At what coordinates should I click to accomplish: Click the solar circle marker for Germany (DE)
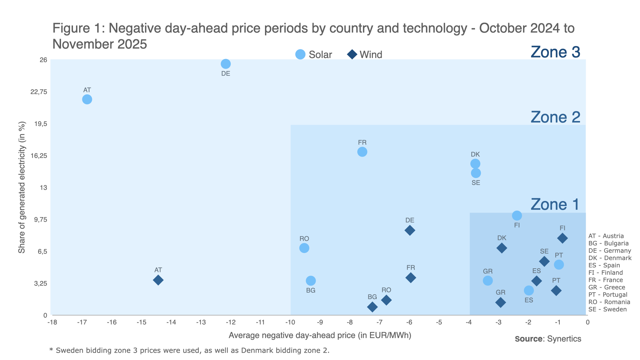click(226, 64)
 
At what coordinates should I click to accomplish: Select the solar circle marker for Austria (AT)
click(87, 99)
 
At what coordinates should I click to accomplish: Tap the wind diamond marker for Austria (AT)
click(158, 280)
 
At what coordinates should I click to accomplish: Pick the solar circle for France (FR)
click(362, 152)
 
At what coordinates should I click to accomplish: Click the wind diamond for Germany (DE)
click(410, 230)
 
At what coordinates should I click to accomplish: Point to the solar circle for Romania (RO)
click(304, 248)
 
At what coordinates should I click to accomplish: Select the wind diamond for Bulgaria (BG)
click(372, 307)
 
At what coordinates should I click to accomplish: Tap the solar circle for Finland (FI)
click(517, 216)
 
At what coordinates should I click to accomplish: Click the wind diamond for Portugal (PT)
click(556, 291)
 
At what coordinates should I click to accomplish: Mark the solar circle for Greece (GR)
click(488, 281)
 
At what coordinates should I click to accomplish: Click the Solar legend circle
click(300, 54)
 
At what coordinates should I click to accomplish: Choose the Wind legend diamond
click(352, 54)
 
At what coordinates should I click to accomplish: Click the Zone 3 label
click(555, 52)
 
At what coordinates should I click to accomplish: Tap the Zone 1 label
click(555, 204)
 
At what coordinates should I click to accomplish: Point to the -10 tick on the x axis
click(290, 322)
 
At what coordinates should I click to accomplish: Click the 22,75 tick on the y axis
click(39, 92)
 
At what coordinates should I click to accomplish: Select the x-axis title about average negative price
click(320, 335)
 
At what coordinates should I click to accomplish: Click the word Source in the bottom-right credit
click(529, 339)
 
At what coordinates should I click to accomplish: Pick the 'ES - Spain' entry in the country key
click(604, 265)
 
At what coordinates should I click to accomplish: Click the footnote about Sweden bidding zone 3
click(189, 350)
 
